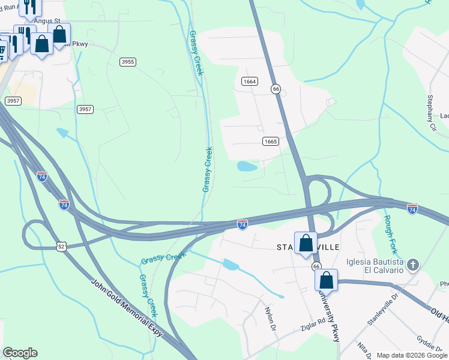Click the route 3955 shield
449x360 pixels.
[x=128, y=62]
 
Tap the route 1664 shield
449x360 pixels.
[x=250, y=82]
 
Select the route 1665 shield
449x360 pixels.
[x=270, y=142]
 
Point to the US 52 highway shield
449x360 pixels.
[x=61, y=247]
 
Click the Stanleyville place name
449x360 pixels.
[x=308, y=247]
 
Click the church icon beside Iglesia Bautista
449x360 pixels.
[x=412, y=265]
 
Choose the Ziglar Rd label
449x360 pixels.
[x=313, y=324]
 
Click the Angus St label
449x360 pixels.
[x=47, y=20]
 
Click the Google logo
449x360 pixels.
[x=20, y=353]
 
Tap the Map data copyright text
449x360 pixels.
[x=411, y=355]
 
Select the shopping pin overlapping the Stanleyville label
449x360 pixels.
[x=306, y=244]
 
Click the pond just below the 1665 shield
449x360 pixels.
[x=247, y=166]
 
